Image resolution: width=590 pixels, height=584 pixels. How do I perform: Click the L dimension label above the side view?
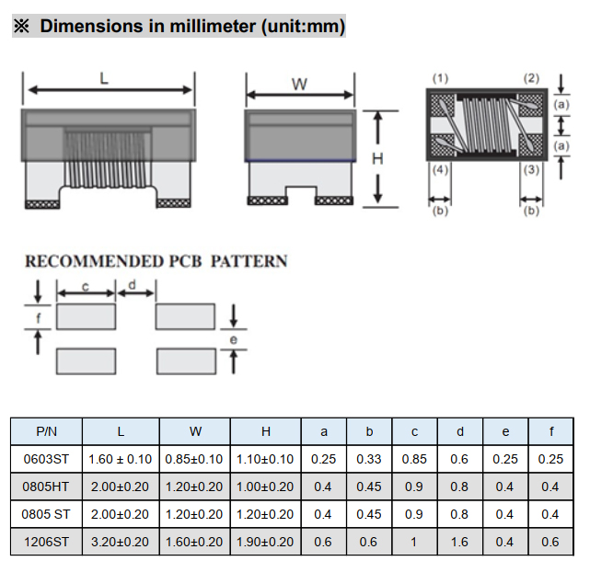104,78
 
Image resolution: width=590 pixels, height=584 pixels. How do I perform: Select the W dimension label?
299,85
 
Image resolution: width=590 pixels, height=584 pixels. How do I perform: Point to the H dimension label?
377,159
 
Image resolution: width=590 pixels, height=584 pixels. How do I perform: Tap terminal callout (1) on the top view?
440,78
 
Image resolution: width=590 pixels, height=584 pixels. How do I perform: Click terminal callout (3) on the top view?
531,170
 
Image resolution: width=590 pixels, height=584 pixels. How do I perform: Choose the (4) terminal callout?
440,170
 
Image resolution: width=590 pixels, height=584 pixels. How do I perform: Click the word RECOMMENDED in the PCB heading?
95,261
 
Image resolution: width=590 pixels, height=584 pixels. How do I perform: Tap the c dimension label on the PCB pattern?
86,287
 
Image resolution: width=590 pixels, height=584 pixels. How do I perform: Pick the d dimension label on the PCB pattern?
132,285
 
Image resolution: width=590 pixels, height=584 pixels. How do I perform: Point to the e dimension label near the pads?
233,339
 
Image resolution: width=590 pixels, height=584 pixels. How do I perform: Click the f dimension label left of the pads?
38,318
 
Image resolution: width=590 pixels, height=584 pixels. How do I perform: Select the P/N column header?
46,431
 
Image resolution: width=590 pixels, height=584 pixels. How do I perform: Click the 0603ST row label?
46,459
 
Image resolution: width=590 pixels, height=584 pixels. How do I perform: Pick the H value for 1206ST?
265,542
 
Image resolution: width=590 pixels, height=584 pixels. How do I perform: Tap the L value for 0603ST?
120,459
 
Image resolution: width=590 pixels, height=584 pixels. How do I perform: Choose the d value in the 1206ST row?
459,542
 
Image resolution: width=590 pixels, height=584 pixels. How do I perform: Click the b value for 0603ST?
369,459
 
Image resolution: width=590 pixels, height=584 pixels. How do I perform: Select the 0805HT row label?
46,487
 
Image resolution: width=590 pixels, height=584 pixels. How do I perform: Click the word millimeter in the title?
213,27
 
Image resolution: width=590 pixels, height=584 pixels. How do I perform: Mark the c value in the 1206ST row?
414,542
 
